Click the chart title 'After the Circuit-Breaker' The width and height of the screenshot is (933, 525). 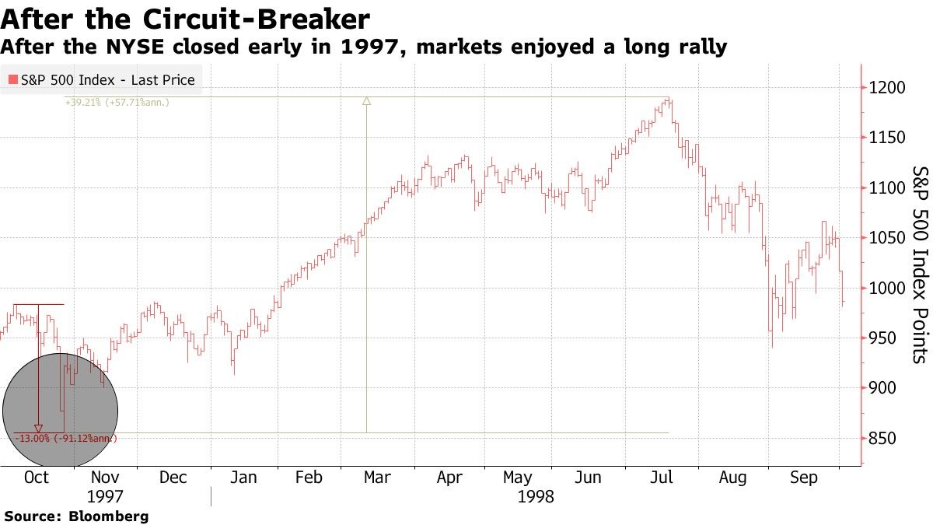pos(185,18)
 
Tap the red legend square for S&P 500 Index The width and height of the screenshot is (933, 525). pos(12,79)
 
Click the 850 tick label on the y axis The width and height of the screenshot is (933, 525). pos(884,439)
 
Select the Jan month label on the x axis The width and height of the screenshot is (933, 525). pos(243,478)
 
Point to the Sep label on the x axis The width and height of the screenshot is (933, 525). pos(803,478)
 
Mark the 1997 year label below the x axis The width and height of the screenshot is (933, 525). pos(105,496)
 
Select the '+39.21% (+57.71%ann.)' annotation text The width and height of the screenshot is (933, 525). pos(117,102)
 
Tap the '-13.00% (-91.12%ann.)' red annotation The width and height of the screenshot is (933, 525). pos(65,439)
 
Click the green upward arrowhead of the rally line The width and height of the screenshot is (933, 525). pos(367,100)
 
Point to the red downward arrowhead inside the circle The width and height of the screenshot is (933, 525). pos(39,428)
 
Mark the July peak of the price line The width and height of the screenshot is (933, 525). pos(668,99)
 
